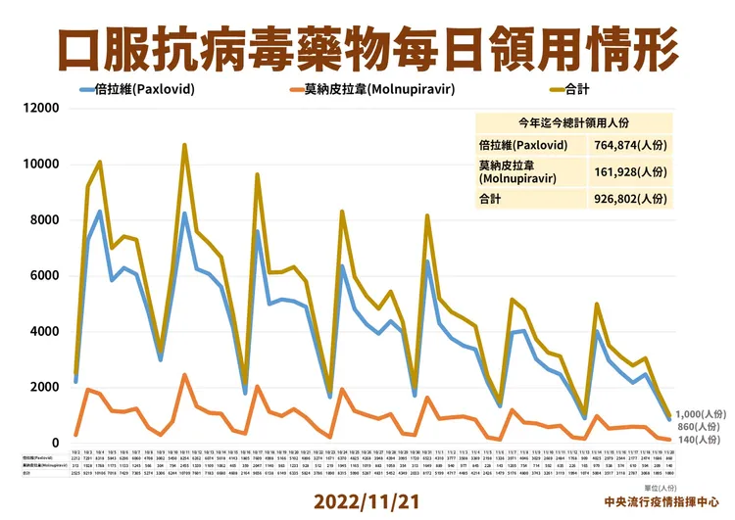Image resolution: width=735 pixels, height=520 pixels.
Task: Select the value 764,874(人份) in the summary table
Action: [x=628, y=145]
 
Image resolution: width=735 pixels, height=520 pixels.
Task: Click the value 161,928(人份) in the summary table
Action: [x=628, y=172]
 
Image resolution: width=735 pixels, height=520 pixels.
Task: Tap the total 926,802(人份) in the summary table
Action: [x=628, y=198]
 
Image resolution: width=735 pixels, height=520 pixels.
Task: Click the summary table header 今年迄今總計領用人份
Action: [x=574, y=122]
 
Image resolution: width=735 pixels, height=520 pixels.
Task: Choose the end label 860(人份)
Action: [x=700, y=427]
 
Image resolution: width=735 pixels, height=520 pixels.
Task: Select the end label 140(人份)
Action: [x=700, y=442]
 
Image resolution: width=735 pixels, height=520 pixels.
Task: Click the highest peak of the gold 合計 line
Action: [x=183, y=145]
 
